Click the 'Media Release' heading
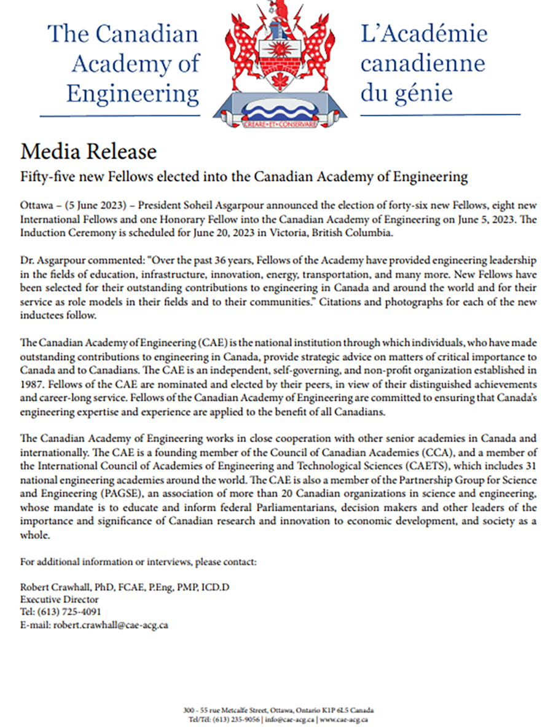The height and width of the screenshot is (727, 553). (x=88, y=151)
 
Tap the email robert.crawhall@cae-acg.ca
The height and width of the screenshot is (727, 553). (x=111, y=626)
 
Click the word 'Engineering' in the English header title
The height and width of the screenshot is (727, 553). (x=133, y=93)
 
